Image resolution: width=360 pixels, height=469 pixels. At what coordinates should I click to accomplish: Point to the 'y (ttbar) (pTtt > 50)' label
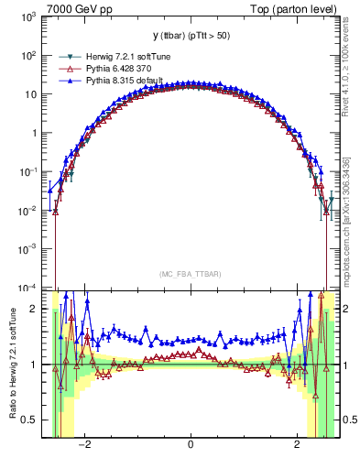190,35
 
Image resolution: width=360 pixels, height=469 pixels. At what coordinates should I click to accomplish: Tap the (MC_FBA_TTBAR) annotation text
190,274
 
